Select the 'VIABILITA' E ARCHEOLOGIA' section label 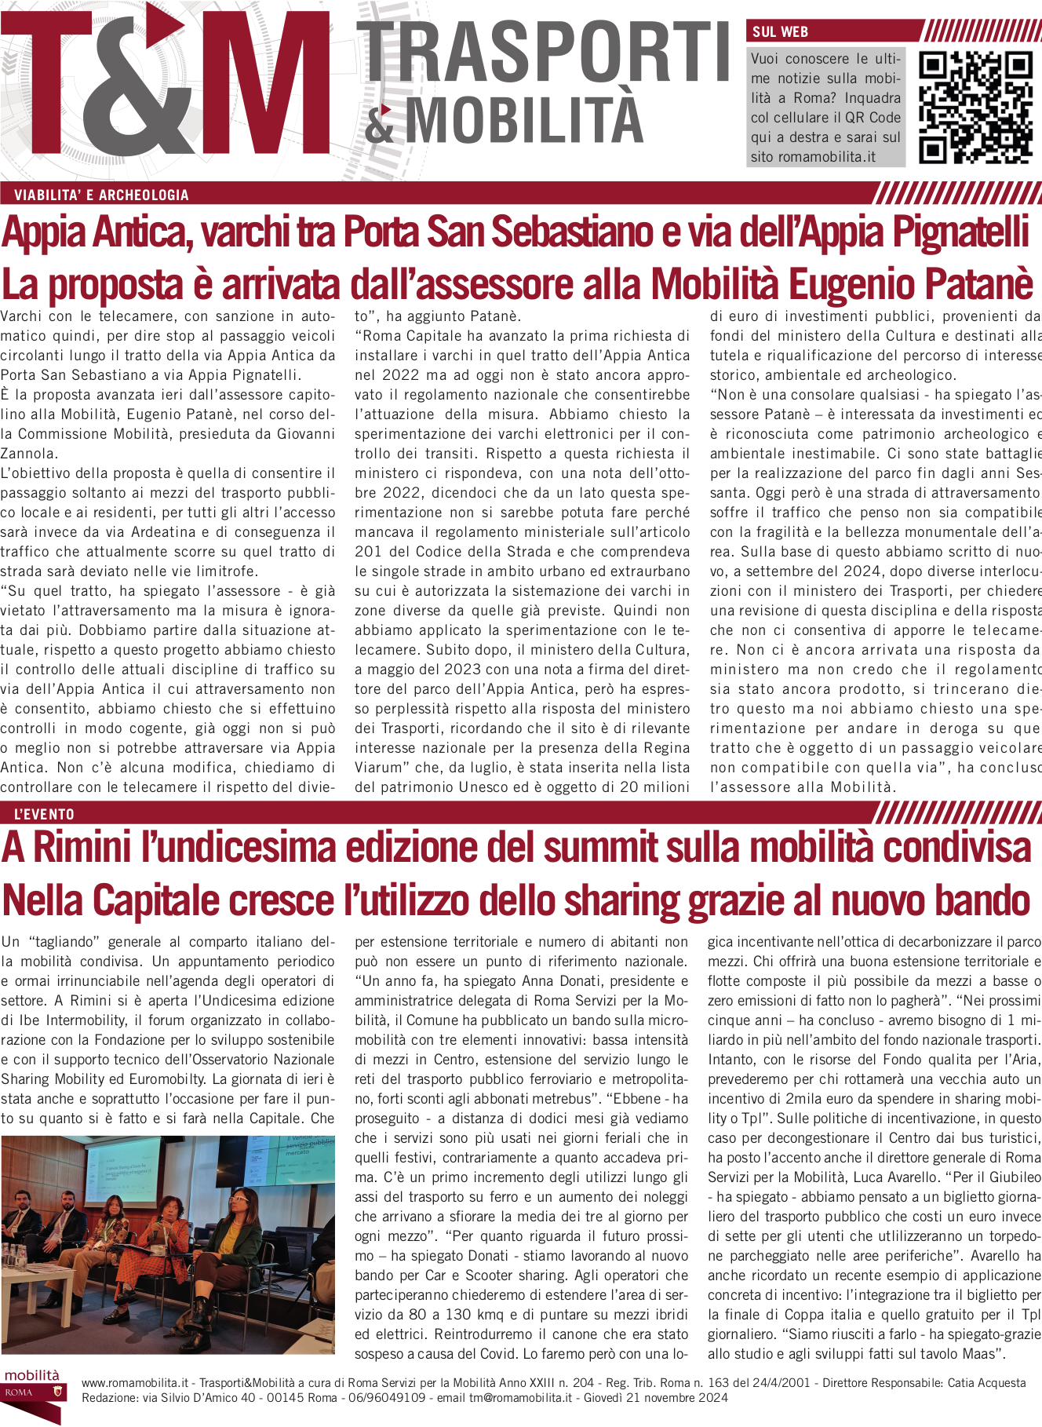point(101,195)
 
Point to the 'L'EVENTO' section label point(44,814)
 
